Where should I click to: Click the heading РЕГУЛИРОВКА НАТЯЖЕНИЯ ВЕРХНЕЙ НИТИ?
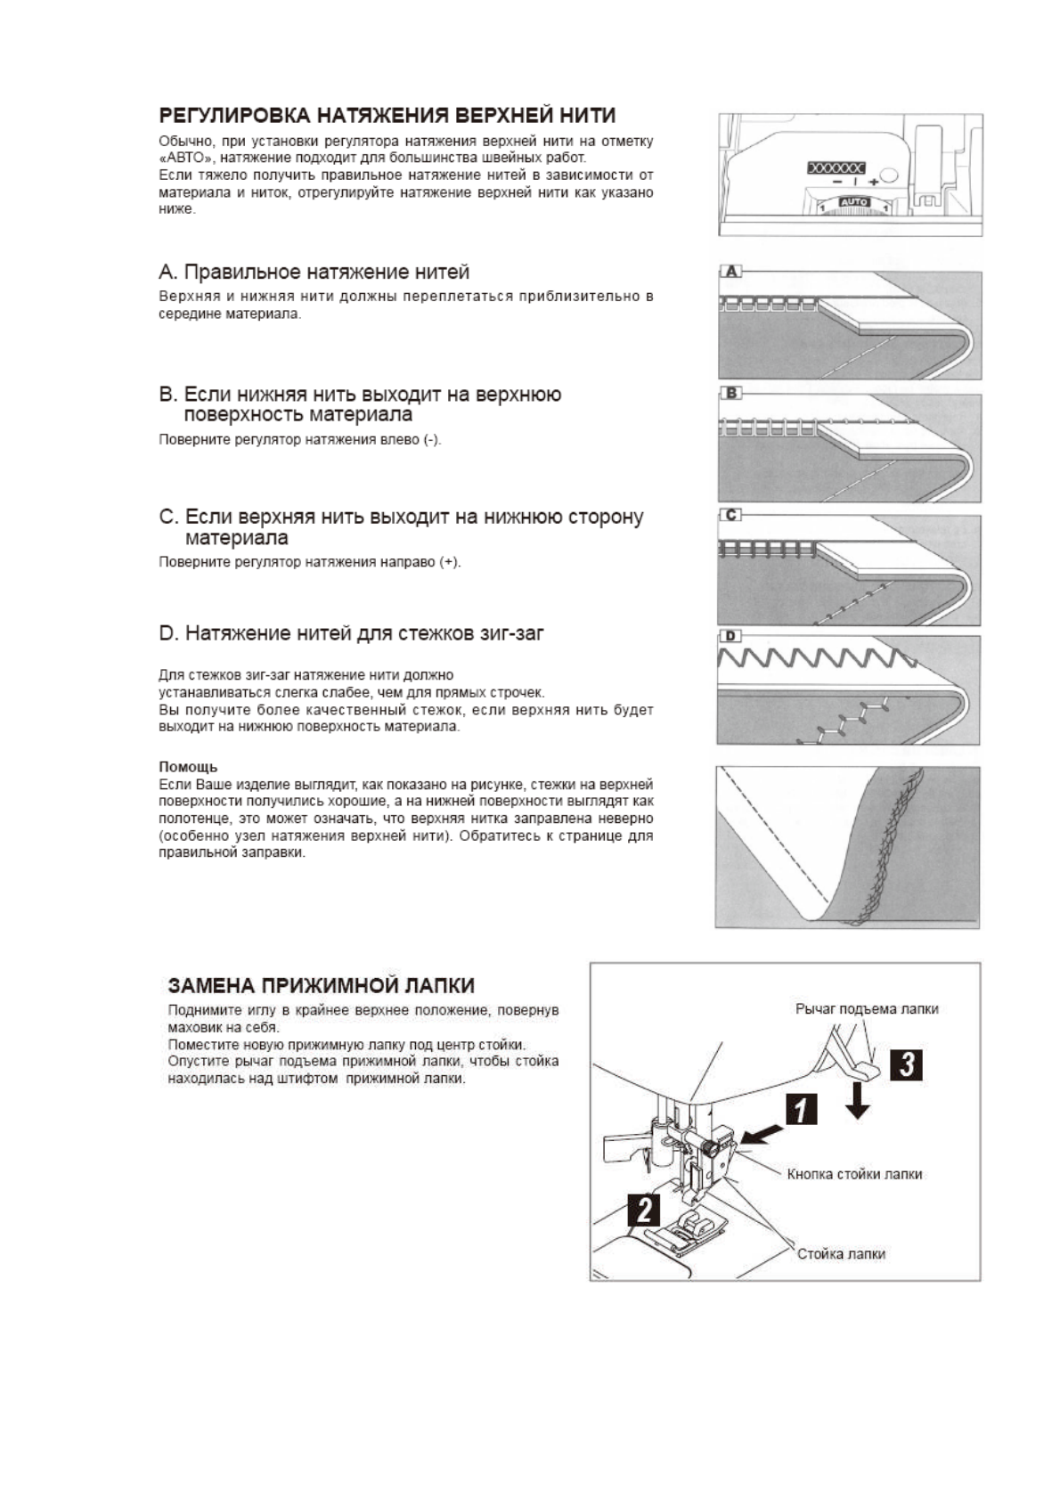click(x=387, y=116)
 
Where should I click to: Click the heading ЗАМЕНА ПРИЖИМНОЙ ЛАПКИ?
click(x=321, y=986)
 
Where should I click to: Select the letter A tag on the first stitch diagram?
click(x=730, y=271)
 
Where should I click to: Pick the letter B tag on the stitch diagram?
click(x=730, y=393)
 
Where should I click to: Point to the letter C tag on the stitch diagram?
click(x=730, y=515)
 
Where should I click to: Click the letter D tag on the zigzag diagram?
click(x=730, y=636)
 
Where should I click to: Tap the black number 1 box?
click(x=801, y=1110)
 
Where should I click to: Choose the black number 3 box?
click(x=906, y=1064)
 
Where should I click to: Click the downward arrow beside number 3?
click(x=858, y=1101)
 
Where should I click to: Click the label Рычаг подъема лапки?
click(x=866, y=1009)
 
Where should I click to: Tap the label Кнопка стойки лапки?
click(x=853, y=1175)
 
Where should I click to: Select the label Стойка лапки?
click(x=840, y=1254)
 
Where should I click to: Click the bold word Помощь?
click(x=188, y=767)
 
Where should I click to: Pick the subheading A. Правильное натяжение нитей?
click(x=314, y=272)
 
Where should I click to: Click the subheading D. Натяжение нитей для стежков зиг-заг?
click(x=351, y=633)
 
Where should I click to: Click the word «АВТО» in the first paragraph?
click(x=183, y=158)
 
